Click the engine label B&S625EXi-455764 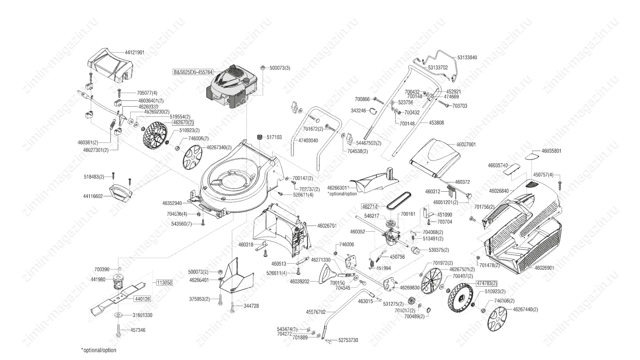click(x=193, y=72)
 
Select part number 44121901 click(x=135, y=53)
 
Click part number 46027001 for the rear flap click(x=466, y=145)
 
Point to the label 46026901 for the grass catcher click(x=544, y=268)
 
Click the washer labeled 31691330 click(x=118, y=315)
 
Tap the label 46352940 click(x=172, y=203)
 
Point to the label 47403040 click(x=308, y=141)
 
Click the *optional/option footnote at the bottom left click(x=99, y=350)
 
